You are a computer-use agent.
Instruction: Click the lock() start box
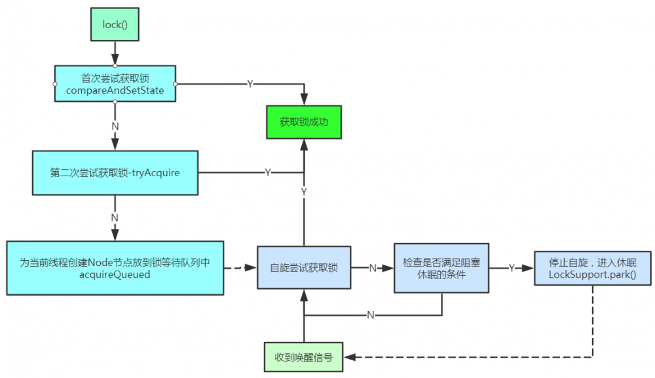tap(115, 24)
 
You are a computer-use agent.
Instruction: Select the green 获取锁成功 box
tap(304, 122)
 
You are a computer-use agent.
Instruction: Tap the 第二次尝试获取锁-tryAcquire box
tap(115, 172)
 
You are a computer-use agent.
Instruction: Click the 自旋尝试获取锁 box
tap(304, 268)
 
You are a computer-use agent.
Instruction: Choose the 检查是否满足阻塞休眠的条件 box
tap(441, 268)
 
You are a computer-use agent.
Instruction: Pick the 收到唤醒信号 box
tap(304, 358)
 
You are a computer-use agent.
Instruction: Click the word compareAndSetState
tap(115, 90)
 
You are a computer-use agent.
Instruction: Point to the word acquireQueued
tap(115, 274)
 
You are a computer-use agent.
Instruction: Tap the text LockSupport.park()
tap(593, 274)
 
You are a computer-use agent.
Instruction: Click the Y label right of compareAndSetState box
tap(250, 84)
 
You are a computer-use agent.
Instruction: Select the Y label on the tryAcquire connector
tap(267, 172)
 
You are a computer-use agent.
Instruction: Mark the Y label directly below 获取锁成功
tap(304, 191)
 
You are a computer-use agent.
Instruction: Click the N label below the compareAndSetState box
tap(115, 124)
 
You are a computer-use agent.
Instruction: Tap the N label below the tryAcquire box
tap(115, 217)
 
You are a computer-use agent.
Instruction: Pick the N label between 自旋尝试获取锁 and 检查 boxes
tap(372, 268)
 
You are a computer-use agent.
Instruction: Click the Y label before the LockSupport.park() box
tap(512, 268)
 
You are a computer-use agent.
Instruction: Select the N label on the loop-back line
tap(370, 315)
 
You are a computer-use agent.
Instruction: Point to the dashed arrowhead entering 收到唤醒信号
tap(350, 358)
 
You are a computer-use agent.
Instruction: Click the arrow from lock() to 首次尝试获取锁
tap(115, 52)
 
